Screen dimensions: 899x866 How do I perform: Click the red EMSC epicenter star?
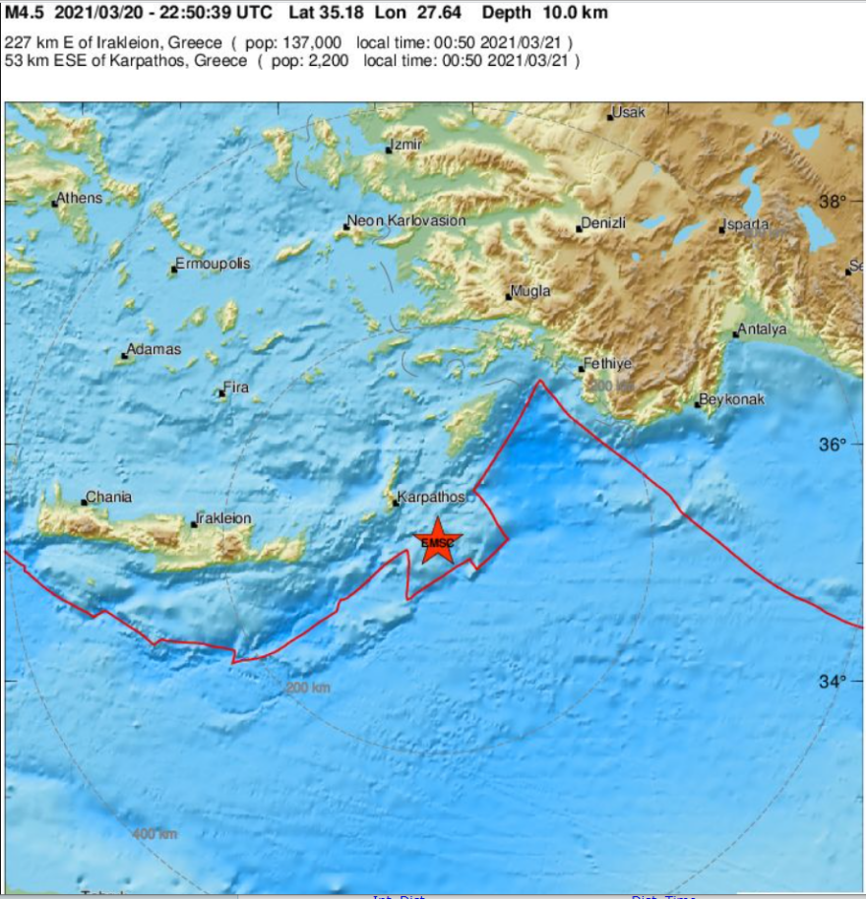(x=438, y=542)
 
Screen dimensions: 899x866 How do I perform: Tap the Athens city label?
(x=79, y=199)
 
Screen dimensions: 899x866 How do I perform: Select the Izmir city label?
(x=407, y=146)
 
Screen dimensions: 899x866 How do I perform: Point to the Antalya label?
(x=763, y=330)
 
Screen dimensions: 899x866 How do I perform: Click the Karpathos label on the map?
(x=431, y=498)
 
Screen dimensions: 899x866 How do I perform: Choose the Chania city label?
(x=108, y=498)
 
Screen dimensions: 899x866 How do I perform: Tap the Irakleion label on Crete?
(x=224, y=518)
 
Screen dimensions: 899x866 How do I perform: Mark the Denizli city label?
(x=603, y=224)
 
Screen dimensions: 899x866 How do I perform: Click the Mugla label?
(x=531, y=292)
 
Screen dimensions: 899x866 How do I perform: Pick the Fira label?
(x=236, y=389)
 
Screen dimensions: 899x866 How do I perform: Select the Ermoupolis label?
(x=212, y=265)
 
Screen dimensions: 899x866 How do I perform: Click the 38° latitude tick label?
(x=833, y=202)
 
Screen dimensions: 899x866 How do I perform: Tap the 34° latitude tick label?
(x=833, y=682)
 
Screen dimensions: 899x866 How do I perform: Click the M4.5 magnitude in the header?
(x=25, y=14)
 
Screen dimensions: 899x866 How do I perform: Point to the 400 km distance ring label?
(x=155, y=834)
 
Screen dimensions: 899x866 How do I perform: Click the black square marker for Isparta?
(x=722, y=229)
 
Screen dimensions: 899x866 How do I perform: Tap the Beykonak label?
(x=731, y=400)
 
